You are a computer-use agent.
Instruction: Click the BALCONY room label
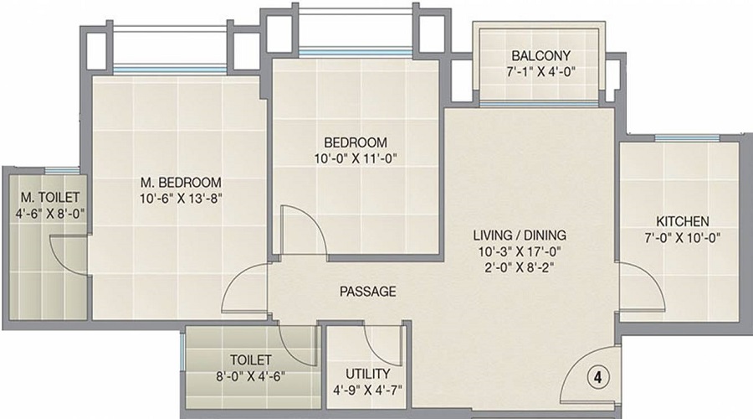pos(540,56)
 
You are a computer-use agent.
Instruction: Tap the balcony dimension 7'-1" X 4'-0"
pos(540,72)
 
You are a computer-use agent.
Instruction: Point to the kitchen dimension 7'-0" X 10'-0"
pos(682,237)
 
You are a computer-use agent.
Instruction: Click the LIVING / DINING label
pos(520,235)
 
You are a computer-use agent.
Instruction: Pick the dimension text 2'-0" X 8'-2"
pos(520,267)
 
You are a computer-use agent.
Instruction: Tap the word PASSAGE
pos(367,292)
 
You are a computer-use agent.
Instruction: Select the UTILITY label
pos(368,373)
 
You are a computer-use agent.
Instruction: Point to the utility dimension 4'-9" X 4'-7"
pos(368,389)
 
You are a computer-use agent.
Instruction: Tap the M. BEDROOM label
pos(181,182)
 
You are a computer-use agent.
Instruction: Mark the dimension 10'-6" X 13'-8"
pos(181,198)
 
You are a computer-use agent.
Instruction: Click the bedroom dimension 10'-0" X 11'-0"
pos(356,158)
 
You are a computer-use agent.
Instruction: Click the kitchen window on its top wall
pos(686,138)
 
